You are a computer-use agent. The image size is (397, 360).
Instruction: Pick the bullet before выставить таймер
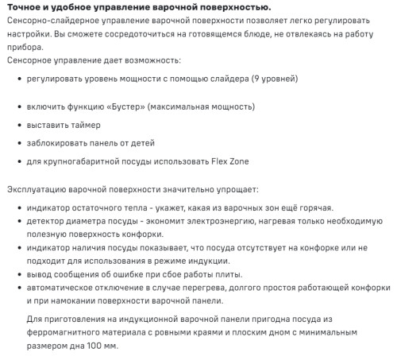pyautogui.click(x=18, y=125)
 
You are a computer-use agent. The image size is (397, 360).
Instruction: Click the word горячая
pyautogui.click(x=310, y=208)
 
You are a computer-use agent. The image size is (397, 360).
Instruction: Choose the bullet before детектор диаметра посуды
pyautogui.click(x=18, y=222)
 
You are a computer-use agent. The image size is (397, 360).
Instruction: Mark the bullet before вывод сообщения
pyautogui.click(x=18, y=275)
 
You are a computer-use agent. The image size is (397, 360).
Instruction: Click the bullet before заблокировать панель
pyautogui.click(x=18, y=143)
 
